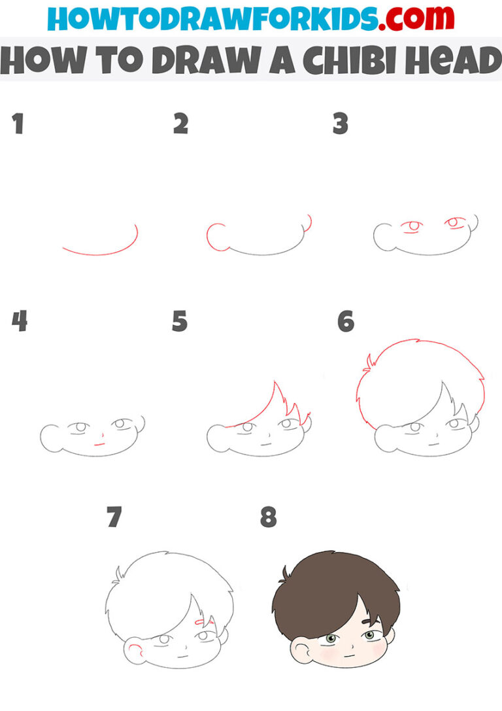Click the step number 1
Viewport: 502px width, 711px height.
tap(18, 124)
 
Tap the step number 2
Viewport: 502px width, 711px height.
tap(180, 124)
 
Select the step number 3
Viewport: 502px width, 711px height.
tap(340, 124)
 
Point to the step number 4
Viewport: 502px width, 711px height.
tap(20, 321)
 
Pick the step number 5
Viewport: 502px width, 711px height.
tap(180, 321)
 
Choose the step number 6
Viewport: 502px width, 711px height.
tap(345, 321)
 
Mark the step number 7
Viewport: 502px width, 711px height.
tap(114, 518)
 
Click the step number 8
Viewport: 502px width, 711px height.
tap(268, 518)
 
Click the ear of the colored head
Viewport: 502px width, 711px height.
tap(301, 653)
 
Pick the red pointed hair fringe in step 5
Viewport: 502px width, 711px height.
tap(275, 409)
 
